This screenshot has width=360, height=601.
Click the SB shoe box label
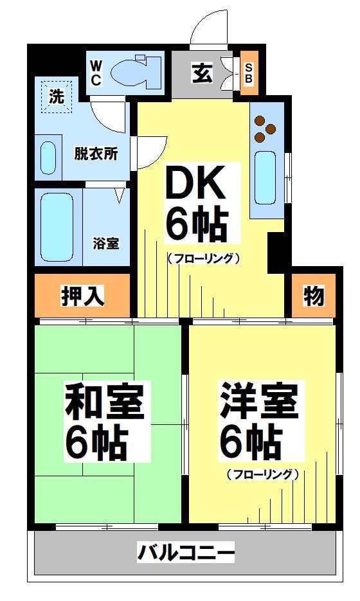tap(249, 73)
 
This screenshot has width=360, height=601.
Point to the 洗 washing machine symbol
tap(57, 98)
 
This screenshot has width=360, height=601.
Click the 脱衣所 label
tap(95, 154)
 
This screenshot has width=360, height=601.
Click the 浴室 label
tap(106, 244)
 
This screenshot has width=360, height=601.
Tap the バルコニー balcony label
tap(186, 552)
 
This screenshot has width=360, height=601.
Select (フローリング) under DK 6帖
tap(204, 258)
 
